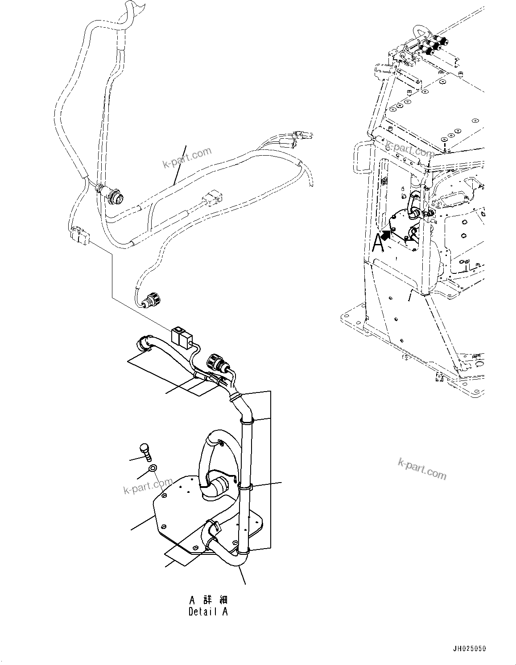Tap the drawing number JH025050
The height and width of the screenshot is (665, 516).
click(470, 648)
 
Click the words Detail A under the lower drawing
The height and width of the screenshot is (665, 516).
click(208, 611)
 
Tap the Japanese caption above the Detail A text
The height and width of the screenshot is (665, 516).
click(208, 599)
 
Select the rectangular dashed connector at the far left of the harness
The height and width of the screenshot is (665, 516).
click(79, 235)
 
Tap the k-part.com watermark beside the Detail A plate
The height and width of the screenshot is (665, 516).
click(148, 487)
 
